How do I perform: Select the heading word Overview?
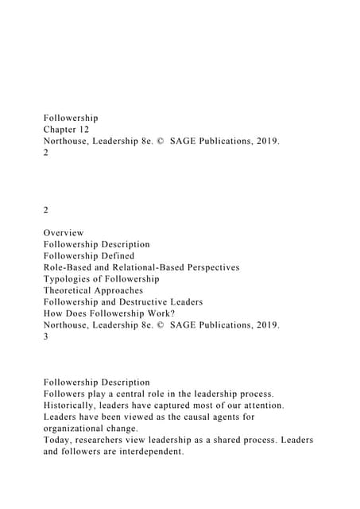pyautogui.click(x=64, y=232)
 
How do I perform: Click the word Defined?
pyautogui.click(x=116, y=255)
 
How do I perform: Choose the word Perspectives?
pyautogui.click(x=208, y=267)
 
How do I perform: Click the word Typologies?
pyautogui.click(x=72, y=279)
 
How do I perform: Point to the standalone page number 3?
pyautogui.click(x=46, y=336)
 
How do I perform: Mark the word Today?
pyautogui.click(x=60, y=440)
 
